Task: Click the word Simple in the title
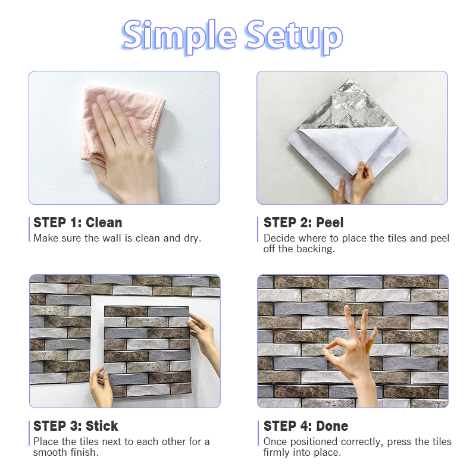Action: click(179, 36)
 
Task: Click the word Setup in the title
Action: click(295, 36)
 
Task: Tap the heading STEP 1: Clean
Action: click(78, 223)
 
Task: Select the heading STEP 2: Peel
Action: click(303, 223)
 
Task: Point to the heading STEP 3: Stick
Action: click(76, 426)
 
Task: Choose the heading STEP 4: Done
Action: click(306, 426)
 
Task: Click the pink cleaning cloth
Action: click(121, 121)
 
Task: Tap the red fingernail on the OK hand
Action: click(377, 329)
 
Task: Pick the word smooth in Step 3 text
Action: click(50, 452)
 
